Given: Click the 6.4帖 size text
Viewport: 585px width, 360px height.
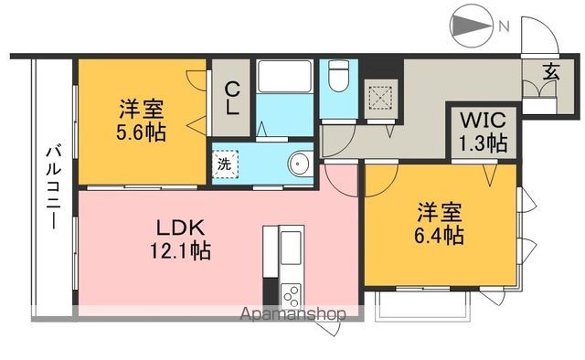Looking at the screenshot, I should (439, 235).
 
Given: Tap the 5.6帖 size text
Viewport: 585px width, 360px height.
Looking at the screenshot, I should (140, 132).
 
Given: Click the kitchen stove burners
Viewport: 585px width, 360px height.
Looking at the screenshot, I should (292, 295).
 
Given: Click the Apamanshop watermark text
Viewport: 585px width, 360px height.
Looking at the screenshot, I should (294, 314).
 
